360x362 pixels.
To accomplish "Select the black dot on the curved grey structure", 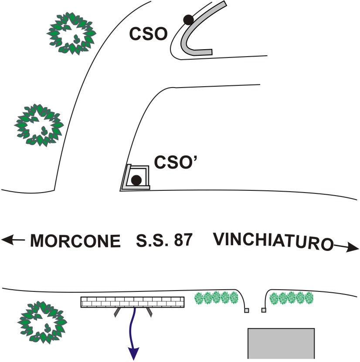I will (x=188, y=19).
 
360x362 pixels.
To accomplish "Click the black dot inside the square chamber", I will (x=136, y=180).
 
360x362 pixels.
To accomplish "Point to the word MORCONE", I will (x=75, y=241).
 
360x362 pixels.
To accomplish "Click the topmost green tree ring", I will (x=71, y=34).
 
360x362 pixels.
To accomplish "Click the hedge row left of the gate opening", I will (x=216, y=298).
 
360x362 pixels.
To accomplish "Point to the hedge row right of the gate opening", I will (x=291, y=298).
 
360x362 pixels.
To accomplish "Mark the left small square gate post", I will (x=246, y=311).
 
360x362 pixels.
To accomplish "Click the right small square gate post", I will (x=264, y=310).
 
